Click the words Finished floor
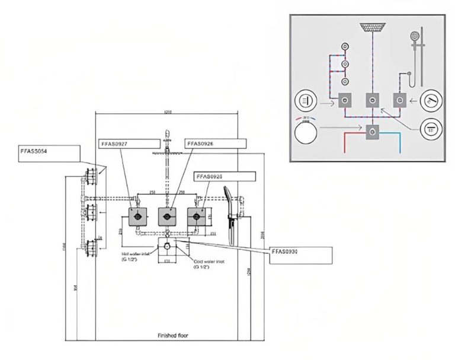(x=173, y=335)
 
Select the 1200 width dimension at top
(x=169, y=112)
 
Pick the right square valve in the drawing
(x=198, y=217)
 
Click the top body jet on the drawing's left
(x=91, y=177)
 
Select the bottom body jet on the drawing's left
(x=91, y=246)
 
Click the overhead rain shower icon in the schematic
(x=372, y=27)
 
